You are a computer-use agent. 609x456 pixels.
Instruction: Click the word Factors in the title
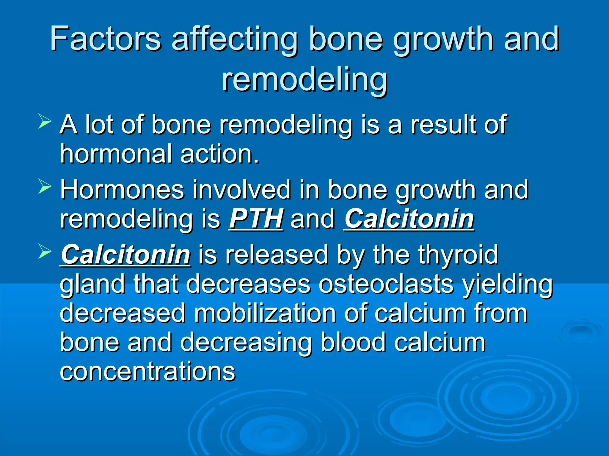(x=105, y=39)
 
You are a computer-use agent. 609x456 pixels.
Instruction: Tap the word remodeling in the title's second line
(x=304, y=80)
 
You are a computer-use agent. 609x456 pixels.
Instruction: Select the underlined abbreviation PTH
(x=256, y=219)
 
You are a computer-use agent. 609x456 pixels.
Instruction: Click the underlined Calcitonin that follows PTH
(x=409, y=219)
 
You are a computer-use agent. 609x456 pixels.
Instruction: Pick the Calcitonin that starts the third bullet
(x=125, y=255)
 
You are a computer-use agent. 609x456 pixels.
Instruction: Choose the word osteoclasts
(x=386, y=284)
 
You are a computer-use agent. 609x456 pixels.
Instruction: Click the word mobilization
(x=265, y=313)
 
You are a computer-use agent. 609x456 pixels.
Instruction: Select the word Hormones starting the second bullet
(x=122, y=190)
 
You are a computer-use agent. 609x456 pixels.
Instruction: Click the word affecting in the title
(x=235, y=39)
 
